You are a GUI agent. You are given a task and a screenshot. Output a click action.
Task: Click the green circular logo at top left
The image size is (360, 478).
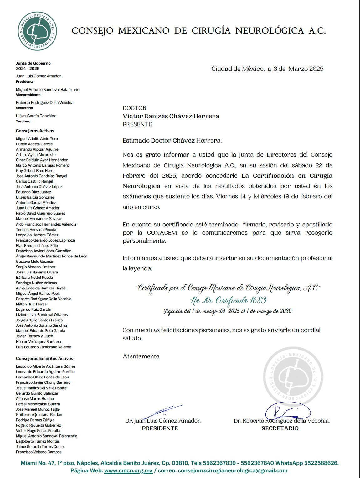[x=37, y=31]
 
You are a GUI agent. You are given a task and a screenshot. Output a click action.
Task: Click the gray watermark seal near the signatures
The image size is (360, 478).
[x=293, y=376]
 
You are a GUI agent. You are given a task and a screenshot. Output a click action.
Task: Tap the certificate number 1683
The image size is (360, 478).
[x=258, y=300]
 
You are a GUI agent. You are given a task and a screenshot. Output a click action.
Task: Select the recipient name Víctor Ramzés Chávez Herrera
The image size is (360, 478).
[x=171, y=116]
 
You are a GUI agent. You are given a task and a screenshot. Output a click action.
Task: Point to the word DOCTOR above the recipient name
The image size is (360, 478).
[x=134, y=108]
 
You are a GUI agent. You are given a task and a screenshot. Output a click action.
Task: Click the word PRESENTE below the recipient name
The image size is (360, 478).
[x=137, y=124]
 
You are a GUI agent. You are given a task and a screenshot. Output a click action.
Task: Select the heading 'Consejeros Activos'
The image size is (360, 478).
[x=35, y=131]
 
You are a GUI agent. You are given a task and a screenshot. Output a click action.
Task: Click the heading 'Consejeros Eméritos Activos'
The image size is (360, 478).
[x=44, y=359]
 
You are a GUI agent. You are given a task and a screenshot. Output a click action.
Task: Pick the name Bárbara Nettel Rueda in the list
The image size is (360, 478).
[x=34, y=278]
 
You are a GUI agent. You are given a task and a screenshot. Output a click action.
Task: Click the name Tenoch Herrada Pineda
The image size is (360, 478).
[x=36, y=230]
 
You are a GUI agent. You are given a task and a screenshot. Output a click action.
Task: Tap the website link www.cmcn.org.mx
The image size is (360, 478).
[x=128, y=470]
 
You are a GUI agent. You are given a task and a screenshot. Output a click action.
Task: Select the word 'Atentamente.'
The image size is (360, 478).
[x=141, y=356]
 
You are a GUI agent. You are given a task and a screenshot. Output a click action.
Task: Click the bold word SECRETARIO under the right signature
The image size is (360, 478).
[x=280, y=428]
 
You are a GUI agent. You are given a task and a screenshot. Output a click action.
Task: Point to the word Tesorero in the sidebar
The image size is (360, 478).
[x=23, y=122]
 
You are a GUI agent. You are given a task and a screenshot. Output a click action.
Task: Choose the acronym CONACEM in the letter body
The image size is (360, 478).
[x=162, y=233]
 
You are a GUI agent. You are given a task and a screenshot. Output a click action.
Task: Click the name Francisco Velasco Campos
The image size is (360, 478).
[x=39, y=452]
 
